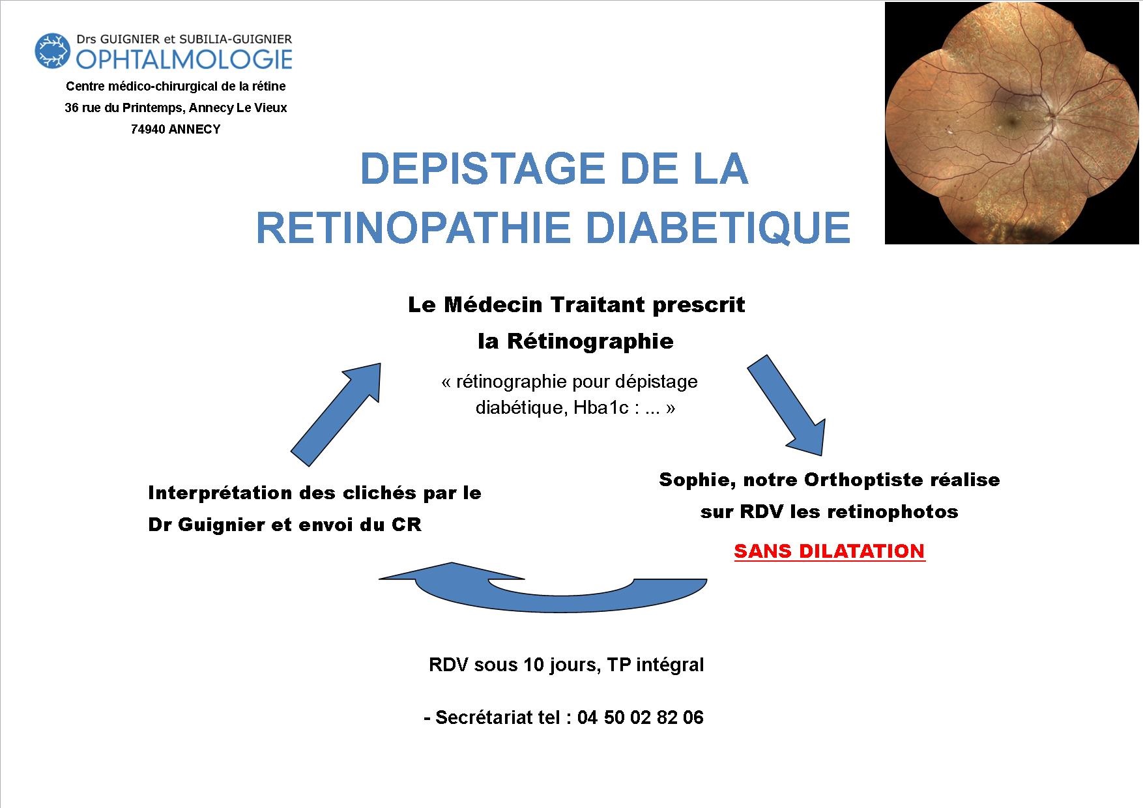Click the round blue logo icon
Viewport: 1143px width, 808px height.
click(52, 51)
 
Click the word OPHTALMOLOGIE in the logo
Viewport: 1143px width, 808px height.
click(184, 59)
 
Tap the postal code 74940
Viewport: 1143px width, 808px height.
click(148, 129)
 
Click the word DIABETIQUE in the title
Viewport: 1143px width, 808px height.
click(719, 227)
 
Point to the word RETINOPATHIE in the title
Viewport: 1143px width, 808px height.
click(416, 227)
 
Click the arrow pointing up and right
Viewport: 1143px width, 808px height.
click(336, 414)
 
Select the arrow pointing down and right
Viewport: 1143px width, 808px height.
click(787, 405)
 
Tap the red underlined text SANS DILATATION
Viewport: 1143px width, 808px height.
click(830, 551)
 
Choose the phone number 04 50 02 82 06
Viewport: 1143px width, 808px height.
click(641, 717)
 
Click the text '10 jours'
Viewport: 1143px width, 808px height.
click(561, 665)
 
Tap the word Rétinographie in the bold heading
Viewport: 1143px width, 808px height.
click(590, 341)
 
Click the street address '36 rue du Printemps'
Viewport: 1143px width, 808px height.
click(123, 108)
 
